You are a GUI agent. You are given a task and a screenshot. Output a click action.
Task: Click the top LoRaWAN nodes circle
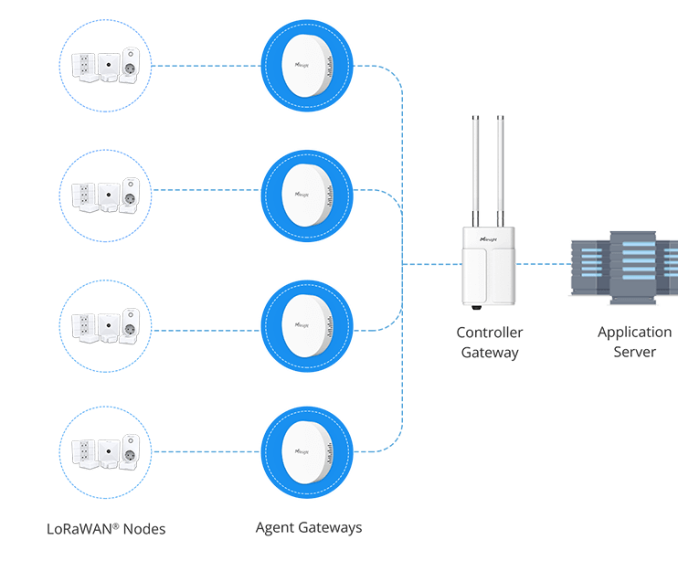tap(105, 66)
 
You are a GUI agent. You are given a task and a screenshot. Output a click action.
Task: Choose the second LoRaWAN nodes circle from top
tap(105, 196)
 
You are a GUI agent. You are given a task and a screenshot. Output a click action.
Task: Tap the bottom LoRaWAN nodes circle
tap(105, 450)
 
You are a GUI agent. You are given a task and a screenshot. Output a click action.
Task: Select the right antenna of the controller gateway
tap(502, 169)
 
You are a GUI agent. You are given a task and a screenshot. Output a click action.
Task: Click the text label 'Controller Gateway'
tap(490, 343)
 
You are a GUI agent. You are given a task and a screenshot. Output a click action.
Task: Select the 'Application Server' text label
tap(634, 343)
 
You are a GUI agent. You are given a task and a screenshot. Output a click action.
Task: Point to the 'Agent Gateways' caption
tap(308, 528)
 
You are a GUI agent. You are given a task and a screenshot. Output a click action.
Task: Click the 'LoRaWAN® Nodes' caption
tap(106, 529)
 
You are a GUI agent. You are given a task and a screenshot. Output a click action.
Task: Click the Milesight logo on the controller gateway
tap(487, 235)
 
